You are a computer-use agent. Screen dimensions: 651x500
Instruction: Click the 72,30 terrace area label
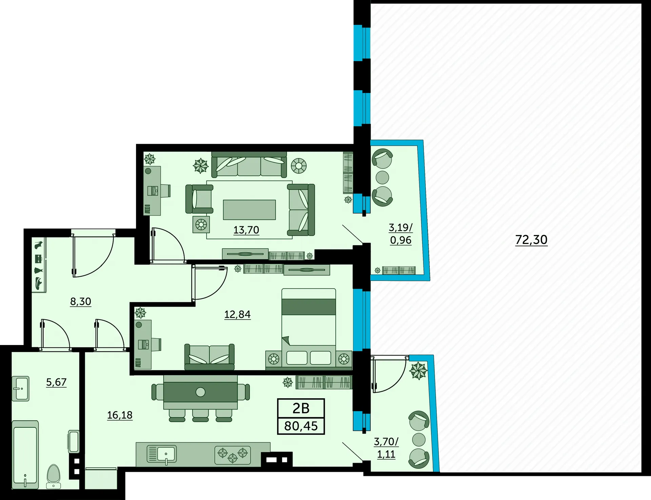(531, 240)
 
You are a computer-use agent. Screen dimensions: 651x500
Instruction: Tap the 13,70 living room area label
(246, 230)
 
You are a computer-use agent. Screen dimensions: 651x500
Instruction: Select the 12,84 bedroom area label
(237, 314)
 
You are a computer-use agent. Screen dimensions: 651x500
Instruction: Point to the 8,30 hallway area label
(81, 301)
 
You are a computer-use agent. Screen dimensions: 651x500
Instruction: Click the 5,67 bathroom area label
(56, 382)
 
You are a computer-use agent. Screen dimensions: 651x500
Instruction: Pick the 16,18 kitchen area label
(120, 415)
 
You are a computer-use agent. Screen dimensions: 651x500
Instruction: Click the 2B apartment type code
(301, 408)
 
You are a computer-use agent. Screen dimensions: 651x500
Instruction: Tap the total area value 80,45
(301, 426)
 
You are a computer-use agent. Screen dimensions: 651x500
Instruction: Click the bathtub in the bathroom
(25, 455)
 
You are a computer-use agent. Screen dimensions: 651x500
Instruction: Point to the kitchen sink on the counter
(162, 454)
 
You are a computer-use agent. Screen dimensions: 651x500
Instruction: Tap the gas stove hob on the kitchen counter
(233, 455)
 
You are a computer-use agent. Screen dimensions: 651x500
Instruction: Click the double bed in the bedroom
(309, 328)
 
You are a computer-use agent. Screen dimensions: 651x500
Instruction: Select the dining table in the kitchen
(200, 392)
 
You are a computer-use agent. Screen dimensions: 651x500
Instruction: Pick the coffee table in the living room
(249, 210)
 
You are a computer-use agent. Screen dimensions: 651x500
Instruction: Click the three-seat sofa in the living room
(249, 165)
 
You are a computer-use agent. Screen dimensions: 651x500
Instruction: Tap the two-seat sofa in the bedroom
(209, 357)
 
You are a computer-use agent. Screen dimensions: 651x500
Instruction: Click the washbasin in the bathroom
(20, 389)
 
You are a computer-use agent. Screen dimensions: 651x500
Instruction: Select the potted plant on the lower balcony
(418, 371)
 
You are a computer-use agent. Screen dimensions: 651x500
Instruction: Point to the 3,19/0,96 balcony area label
(401, 234)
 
